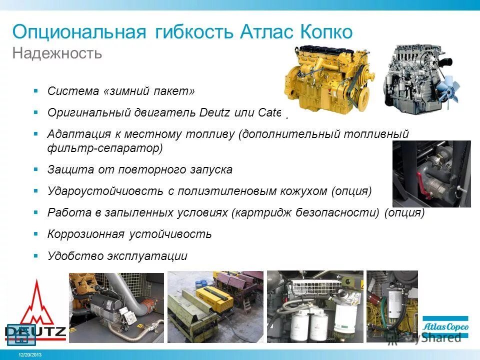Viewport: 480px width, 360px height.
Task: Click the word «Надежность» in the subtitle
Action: tap(57, 53)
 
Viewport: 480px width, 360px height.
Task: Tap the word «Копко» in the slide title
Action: tap(326, 32)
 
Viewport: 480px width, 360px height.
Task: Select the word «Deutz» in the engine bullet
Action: tap(214, 112)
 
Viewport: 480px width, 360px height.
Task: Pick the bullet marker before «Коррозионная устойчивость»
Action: tap(36, 233)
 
